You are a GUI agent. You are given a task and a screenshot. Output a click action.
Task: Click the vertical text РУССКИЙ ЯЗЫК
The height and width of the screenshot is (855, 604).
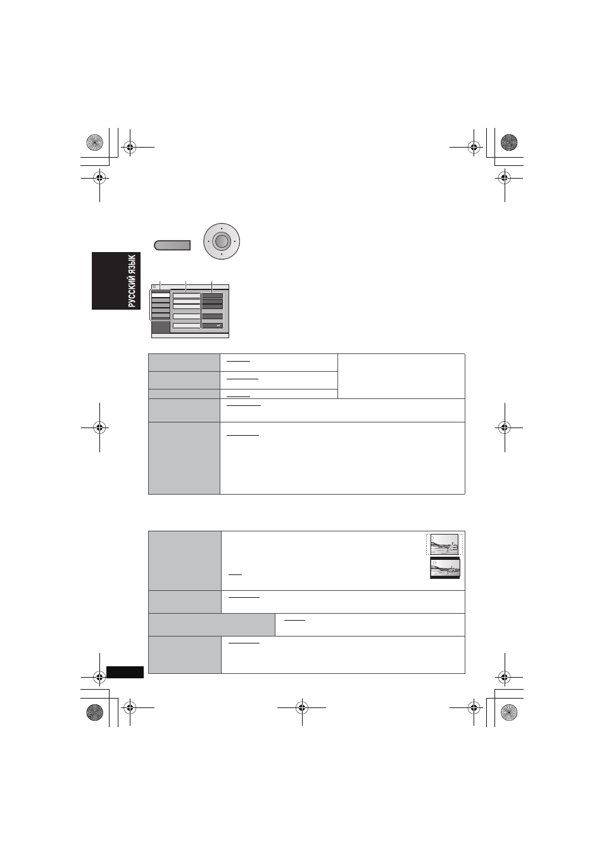[x=132, y=281]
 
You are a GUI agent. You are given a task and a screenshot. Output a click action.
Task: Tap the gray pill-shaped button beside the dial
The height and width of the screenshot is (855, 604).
[x=172, y=245]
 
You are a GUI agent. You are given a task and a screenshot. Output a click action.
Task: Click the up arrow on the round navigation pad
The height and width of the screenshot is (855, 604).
[x=222, y=228]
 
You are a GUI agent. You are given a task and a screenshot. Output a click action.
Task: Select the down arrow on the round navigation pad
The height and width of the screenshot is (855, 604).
[x=222, y=254]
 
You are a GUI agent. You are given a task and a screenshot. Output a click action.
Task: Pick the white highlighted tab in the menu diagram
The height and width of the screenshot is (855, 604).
[x=161, y=295]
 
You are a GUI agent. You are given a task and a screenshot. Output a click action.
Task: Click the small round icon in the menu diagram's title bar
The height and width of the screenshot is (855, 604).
[x=154, y=286]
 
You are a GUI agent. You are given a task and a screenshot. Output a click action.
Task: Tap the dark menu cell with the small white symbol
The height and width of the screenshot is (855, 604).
[x=213, y=326]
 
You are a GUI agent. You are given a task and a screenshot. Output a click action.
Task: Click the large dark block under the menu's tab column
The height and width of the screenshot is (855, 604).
[x=161, y=327]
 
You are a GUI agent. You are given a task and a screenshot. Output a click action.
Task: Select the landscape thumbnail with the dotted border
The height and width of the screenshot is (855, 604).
[x=444, y=544]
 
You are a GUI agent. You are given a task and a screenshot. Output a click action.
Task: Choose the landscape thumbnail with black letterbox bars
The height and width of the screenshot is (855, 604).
[x=445, y=568]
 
